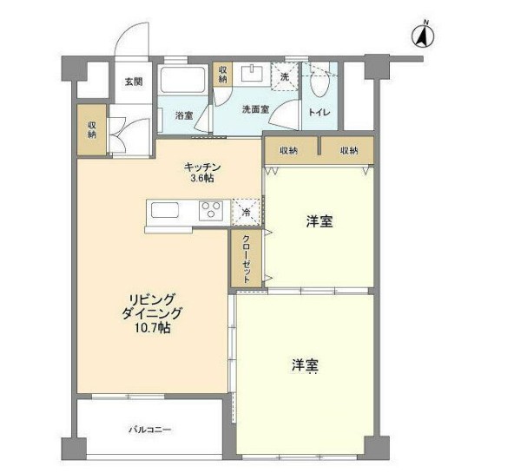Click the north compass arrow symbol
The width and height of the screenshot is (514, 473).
coord(423,34)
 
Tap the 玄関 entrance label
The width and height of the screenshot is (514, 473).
coord(134,82)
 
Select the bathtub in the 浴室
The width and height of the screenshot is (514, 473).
coord(182,79)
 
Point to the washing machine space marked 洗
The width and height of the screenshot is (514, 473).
coord(285,76)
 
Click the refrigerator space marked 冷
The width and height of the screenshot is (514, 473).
coord(246,213)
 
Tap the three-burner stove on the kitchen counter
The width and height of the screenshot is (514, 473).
coord(211,210)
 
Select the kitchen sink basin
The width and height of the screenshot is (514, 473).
coord(165,210)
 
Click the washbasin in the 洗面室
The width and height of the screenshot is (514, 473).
coord(252,73)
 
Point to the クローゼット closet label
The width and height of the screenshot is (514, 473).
coord(247,259)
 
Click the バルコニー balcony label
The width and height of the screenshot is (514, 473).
coord(150,430)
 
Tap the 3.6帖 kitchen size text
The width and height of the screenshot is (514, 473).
coord(203,178)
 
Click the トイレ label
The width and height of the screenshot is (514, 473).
coord(320,112)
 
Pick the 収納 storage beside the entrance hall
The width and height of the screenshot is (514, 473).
coord(92,129)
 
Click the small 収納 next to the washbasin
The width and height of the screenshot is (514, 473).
coord(222,75)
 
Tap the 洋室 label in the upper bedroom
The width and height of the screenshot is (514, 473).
coord(320,222)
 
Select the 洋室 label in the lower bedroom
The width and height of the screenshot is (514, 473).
coord(306,365)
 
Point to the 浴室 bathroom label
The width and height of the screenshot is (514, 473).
coord(184,115)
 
